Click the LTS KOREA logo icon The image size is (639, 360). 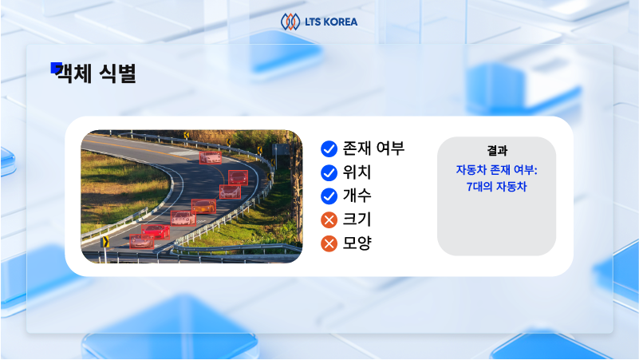[290, 21]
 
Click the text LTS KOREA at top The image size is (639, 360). [330, 22]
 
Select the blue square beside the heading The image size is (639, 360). [56, 68]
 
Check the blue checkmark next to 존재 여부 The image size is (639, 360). [328, 148]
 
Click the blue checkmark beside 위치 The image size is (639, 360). [328, 172]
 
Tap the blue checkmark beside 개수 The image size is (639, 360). [328, 196]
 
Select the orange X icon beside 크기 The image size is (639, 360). [328, 220]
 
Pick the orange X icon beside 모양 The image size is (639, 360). [328, 243]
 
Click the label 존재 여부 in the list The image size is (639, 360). [374, 148]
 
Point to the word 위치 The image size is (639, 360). [357, 172]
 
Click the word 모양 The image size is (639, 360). [357, 243]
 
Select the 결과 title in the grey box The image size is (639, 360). [496, 150]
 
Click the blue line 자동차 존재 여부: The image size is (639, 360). [496, 170]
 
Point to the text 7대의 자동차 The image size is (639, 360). [496, 187]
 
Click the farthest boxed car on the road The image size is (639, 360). [210, 158]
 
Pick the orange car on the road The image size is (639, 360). [204, 207]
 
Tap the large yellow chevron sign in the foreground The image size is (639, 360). [105, 241]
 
